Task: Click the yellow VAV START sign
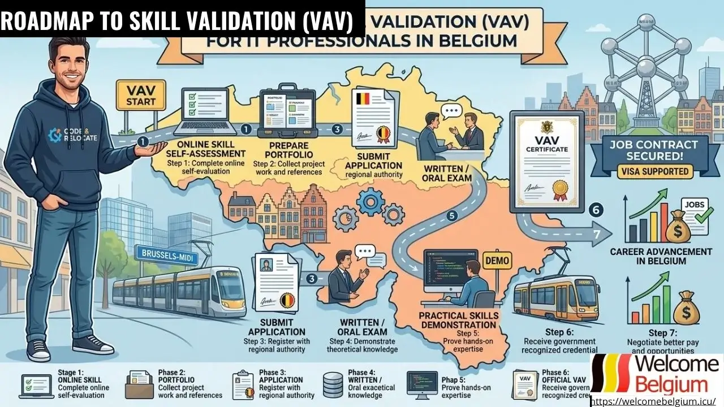135,97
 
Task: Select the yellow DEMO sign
497,261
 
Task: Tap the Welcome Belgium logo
656,374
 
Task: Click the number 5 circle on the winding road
451,215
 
